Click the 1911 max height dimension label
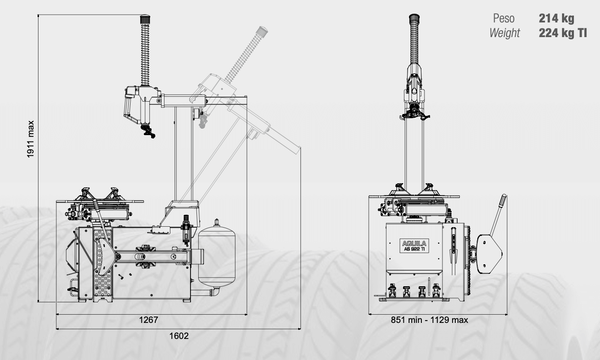point(31,139)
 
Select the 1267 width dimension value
point(149,320)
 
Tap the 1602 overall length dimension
point(179,336)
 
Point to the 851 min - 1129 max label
point(429,320)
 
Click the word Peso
point(504,18)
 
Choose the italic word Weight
point(504,33)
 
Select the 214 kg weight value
point(556,18)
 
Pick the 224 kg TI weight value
point(563,33)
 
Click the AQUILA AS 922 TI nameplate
point(415,245)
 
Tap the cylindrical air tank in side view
point(217,255)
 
